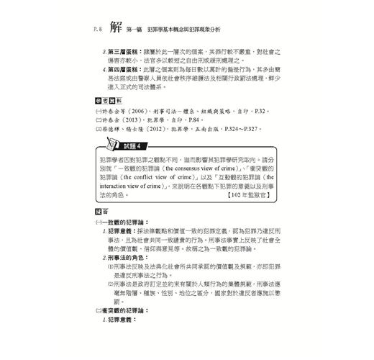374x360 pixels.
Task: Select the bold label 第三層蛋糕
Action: [x=125, y=53]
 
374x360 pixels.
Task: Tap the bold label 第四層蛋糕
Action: [x=125, y=69]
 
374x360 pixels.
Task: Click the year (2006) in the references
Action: [x=140, y=112]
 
